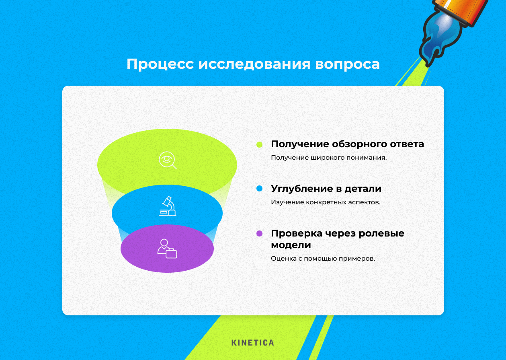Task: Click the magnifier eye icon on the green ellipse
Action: click(167, 160)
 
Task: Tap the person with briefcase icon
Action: click(167, 249)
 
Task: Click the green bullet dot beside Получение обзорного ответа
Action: click(259, 144)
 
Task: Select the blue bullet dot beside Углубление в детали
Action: click(259, 189)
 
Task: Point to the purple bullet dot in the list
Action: click(259, 233)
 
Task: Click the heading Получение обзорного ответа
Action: click(347, 144)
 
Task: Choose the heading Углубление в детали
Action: click(326, 189)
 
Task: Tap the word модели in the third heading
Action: click(291, 245)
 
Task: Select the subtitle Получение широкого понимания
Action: click(328, 158)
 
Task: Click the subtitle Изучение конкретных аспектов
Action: click(325, 202)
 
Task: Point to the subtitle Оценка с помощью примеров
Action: click(323, 259)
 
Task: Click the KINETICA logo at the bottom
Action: click(253, 343)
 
